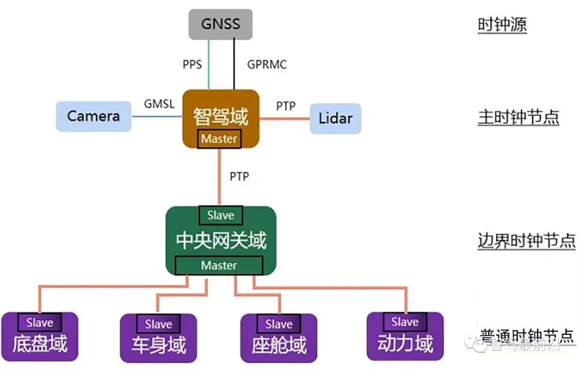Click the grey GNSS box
(x=221, y=24)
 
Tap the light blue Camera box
(x=93, y=116)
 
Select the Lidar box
(x=335, y=118)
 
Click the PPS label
(x=192, y=65)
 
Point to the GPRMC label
(x=267, y=65)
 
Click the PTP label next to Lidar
(x=286, y=106)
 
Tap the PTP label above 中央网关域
(x=239, y=176)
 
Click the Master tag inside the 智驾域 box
(x=219, y=139)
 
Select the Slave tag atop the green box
(x=221, y=215)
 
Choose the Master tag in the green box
(x=219, y=265)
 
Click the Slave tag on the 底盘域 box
(x=40, y=323)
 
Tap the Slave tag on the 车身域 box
(x=158, y=324)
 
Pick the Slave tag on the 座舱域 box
(x=278, y=324)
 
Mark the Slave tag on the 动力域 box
(x=404, y=322)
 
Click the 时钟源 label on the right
(x=502, y=25)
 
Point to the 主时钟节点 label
(x=518, y=117)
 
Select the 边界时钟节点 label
(x=526, y=240)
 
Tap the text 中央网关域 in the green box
(x=221, y=240)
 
